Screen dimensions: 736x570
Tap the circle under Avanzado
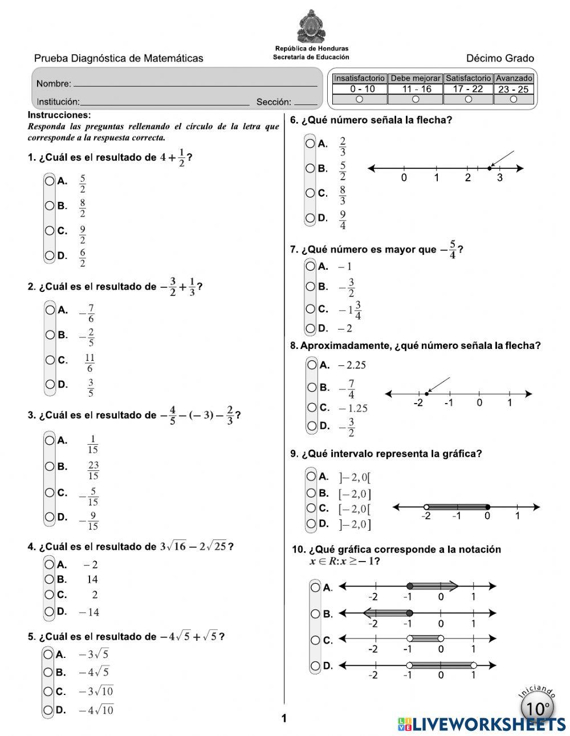point(514,99)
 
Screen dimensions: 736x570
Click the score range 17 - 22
point(468,89)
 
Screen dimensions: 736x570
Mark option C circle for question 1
point(50,231)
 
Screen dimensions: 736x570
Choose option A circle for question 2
point(50,310)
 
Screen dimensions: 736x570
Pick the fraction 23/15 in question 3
point(93,470)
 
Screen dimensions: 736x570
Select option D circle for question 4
point(50,612)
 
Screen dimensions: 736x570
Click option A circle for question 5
point(49,654)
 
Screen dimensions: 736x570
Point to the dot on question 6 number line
point(490,168)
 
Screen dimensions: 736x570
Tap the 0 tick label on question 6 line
point(404,178)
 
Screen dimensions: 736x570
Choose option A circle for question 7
point(311,266)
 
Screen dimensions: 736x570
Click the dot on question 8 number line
point(427,393)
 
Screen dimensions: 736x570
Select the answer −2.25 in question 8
point(352,365)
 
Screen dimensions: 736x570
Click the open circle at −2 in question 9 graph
point(426,507)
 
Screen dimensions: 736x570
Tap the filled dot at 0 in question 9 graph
point(487,507)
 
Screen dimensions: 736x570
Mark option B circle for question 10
point(315,614)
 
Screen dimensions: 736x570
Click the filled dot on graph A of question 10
point(409,586)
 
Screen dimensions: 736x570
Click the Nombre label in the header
point(54,84)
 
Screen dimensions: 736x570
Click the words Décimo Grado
point(500,58)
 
